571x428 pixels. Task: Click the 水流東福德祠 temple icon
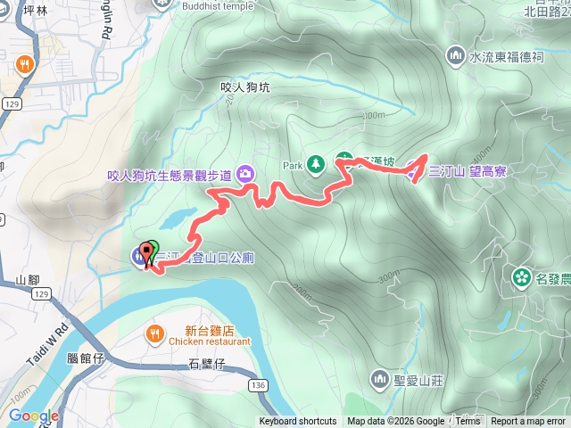456,57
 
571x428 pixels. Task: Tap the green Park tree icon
315,164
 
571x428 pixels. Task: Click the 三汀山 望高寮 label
468,171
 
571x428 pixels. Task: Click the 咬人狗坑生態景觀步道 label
169,176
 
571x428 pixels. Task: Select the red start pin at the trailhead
145,252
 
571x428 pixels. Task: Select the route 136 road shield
259,385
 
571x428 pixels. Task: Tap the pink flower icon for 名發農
519,278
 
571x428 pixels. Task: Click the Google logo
33,416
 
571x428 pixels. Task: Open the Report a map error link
529,422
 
